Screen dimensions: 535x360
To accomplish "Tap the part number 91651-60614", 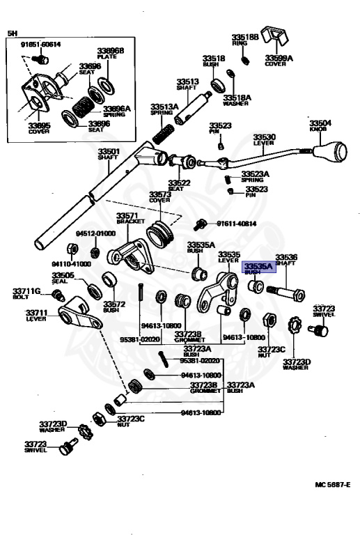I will click(x=40, y=45).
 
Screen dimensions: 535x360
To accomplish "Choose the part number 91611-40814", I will click(x=236, y=224).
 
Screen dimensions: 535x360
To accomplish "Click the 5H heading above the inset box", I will click(x=12, y=33).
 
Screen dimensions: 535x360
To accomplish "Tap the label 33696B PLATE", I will click(x=110, y=54).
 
